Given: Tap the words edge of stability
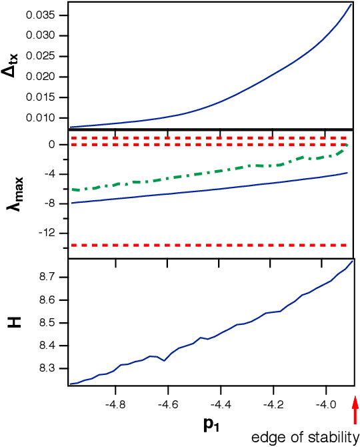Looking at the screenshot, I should click(x=305, y=438).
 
